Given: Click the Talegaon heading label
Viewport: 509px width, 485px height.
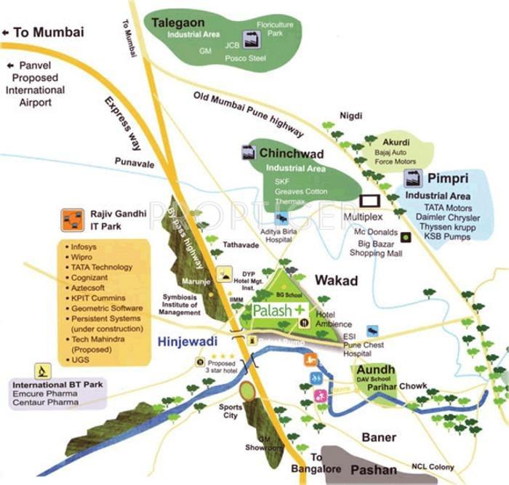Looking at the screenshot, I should click(178, 23).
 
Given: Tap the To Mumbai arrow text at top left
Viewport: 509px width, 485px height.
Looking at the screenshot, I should click(44, 32).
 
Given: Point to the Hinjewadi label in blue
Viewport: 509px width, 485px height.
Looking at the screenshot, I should click(185, 339).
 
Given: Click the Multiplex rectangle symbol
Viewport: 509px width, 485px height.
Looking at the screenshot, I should click(371, 201).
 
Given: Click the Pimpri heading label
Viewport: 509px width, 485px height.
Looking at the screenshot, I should click(446, 179).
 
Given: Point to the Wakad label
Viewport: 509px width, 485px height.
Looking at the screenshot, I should click(337, 280).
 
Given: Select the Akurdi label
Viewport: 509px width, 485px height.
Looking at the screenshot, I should click(396, 143).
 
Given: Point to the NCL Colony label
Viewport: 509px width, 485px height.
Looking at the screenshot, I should click(432, 466).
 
